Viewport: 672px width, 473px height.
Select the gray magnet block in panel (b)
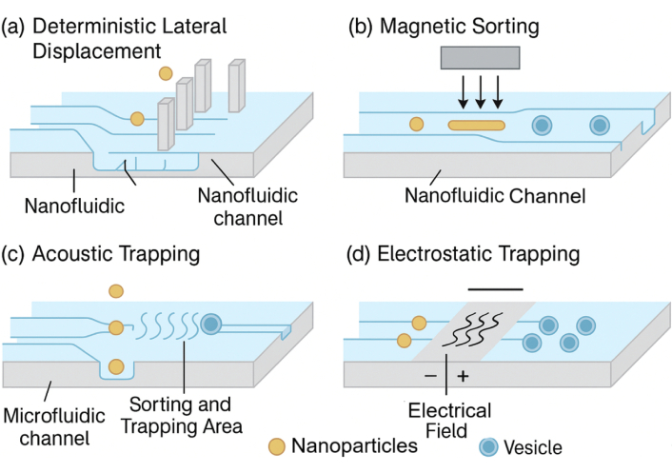tap(480, 59)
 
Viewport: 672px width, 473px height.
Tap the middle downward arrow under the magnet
tap(480, 91)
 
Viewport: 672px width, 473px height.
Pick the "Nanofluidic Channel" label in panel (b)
tap(493, 198)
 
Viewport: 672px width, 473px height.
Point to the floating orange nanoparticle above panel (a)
tap(167, 73)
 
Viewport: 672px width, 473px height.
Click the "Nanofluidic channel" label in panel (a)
tap(247, 207)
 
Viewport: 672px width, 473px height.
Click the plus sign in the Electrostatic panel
tap(464, 377)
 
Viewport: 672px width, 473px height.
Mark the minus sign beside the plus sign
tap(431, 377)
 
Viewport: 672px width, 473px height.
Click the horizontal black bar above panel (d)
tap(495, 287)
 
